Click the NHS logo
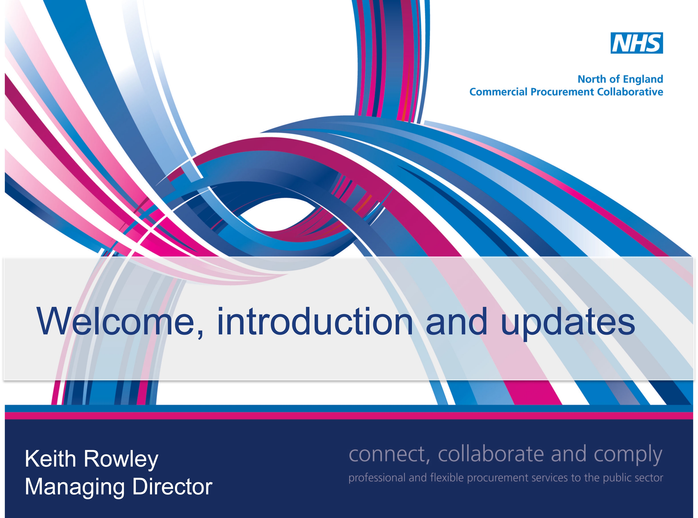[637, 43]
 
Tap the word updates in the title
[568, 323]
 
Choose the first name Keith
[50, 459]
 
